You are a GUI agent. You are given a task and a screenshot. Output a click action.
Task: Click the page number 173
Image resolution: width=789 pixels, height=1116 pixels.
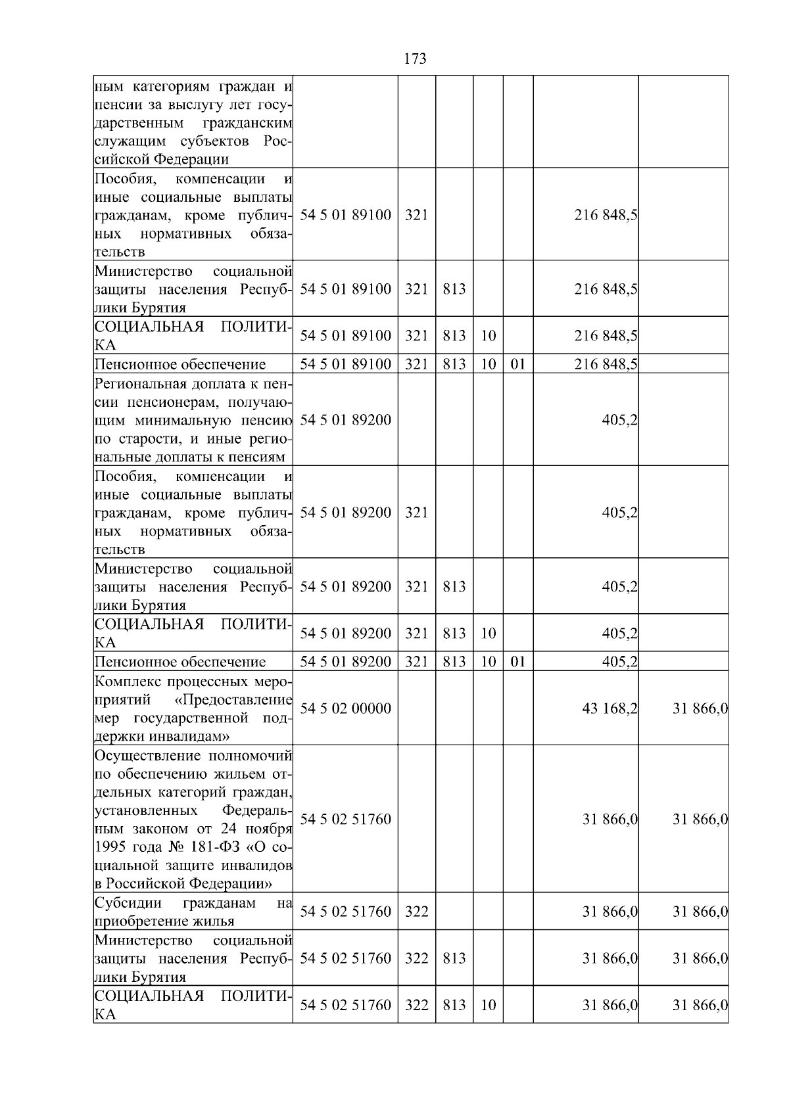[x=415, y=59]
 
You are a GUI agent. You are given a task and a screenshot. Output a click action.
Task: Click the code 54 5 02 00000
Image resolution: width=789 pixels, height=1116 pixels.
[x=345, y=709]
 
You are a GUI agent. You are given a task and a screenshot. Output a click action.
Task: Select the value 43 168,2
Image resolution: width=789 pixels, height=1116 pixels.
[x=609, y=709]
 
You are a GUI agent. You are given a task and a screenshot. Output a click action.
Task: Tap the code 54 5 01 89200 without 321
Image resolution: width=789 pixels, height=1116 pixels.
[x=345, y=419]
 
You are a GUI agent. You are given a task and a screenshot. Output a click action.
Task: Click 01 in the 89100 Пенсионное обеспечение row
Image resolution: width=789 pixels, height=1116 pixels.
[x=517, y=364]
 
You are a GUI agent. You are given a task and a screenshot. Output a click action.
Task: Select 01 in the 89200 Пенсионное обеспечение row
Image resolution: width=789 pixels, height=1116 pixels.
[x=517, y=662]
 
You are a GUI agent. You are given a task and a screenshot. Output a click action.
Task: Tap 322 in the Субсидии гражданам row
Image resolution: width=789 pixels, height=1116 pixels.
[x=416, y=912]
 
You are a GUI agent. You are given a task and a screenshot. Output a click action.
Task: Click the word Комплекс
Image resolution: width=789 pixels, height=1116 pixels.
[x=126, y=681]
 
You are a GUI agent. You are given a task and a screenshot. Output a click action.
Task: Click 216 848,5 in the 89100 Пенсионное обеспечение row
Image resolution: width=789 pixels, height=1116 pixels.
[x=605, y=364]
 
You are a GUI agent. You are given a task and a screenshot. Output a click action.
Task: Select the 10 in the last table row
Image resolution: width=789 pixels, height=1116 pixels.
[x=488, y=1005]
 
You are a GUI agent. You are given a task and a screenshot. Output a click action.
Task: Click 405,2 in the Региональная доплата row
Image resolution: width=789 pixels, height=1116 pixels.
[x=619, y=419]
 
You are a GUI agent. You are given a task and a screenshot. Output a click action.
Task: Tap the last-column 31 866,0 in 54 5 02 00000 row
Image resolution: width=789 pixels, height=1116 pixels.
[x=699, y=709]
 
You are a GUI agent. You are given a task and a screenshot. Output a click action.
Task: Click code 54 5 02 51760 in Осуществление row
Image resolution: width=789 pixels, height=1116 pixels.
[x=345, y=819]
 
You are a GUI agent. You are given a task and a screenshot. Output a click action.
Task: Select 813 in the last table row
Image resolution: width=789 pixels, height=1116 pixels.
[x=454, y=1005]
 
